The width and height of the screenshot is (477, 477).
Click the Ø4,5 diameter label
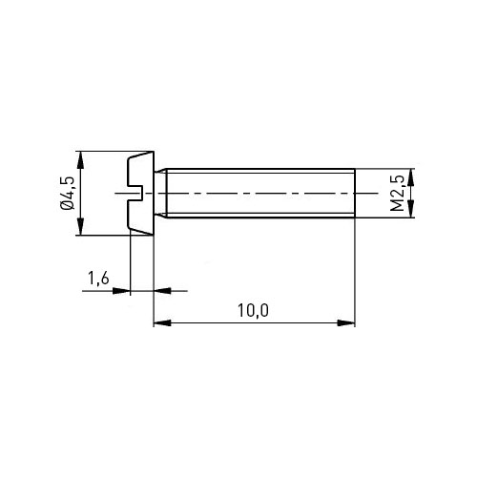pyautogui.click(x=68, y=193)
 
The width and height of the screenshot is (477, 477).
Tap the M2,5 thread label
pyautogui.click(x=397, y=193)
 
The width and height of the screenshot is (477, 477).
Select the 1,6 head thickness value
pyautogui.click(x=98, y=278)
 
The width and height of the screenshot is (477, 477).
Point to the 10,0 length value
pyautogui.click(x=253, y=310)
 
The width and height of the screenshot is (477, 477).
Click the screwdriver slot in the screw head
pyautogui.click(x=135, y=193)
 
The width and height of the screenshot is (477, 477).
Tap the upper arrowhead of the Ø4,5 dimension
pyautogui.click(x=81, y=160)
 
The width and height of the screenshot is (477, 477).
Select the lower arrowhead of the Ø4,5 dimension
pyautogui.click(x=81, y=226)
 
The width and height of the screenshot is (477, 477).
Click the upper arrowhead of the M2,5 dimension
pyautogui.click(x=411, y=177)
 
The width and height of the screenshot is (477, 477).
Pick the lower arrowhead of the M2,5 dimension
pyautogui.click(x=411, y=209)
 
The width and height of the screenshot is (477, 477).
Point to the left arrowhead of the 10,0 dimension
pyautogui.click(x=162, y=323)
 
